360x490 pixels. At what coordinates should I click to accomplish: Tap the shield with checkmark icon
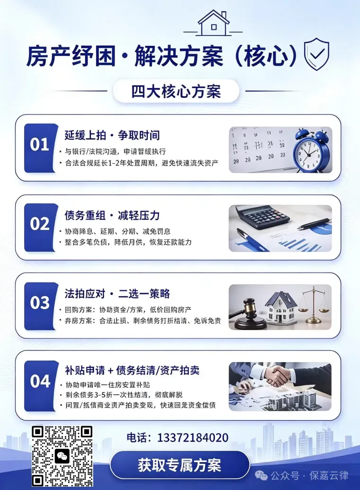(316, 54)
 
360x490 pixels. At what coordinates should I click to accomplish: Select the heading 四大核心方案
(176, 91)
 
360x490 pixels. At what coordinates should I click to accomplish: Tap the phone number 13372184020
(193, 437)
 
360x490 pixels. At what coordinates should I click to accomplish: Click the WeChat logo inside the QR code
(62, 457)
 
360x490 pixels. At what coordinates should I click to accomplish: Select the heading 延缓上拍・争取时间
(112, 135)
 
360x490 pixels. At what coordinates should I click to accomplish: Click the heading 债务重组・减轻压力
(112, 215)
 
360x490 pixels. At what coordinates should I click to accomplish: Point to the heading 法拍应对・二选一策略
(117, 294)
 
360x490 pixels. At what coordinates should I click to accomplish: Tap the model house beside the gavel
(281, 307)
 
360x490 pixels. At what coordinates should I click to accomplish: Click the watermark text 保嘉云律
(329, 476)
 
